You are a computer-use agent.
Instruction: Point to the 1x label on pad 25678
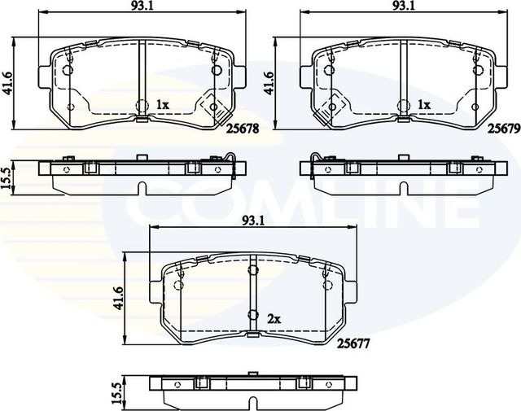tap(162, 105)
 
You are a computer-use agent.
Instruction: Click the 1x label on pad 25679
tap(423, 105)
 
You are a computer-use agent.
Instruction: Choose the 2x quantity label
tap(274, 320)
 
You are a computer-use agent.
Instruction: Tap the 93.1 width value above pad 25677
tap(252, 221)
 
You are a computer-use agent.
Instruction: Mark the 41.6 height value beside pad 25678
tap(9, 83)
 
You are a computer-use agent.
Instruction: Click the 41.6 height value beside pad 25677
tap(119, 298)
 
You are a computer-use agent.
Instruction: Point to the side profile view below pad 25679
tap(404, 172)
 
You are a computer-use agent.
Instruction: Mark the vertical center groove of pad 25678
tap(141, 81)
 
